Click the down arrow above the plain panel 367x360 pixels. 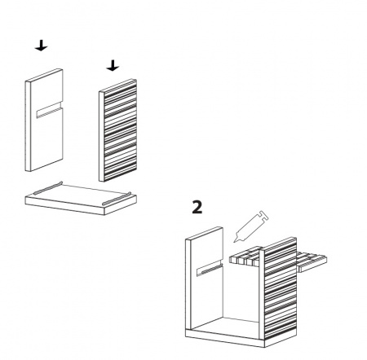[x=41, y=46]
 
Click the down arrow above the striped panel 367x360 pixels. [x=113, y=66]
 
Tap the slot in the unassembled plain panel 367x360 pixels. [x=50, y=111]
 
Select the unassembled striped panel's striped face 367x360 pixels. [x=120, y=130]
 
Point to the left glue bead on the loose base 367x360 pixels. [x=48, y=188]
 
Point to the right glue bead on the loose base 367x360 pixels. [x=117, y=199]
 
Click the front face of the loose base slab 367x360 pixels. [x=65, y=206]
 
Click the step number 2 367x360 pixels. [x=197, y=208]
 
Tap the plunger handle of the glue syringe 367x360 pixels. [x=263, y=216]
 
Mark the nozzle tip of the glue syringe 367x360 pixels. [x=234, y=241]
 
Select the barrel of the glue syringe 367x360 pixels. [x=248, y=227]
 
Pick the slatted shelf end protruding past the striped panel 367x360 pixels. [x=312, y=261]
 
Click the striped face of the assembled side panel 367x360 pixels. [x=281, y=288]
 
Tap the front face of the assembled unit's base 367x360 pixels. [x=225, y=339]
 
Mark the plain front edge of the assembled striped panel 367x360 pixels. [x=262, y=294]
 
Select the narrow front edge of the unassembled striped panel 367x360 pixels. [x=101, y=137]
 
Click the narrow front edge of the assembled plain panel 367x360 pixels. [x=188, y=284]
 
